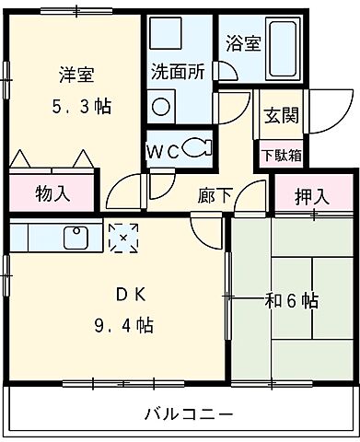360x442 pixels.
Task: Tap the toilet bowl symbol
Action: tap(196, 145)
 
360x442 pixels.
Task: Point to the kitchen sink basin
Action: tap(74, 238)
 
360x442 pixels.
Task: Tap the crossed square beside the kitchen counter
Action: tap(121, 237)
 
